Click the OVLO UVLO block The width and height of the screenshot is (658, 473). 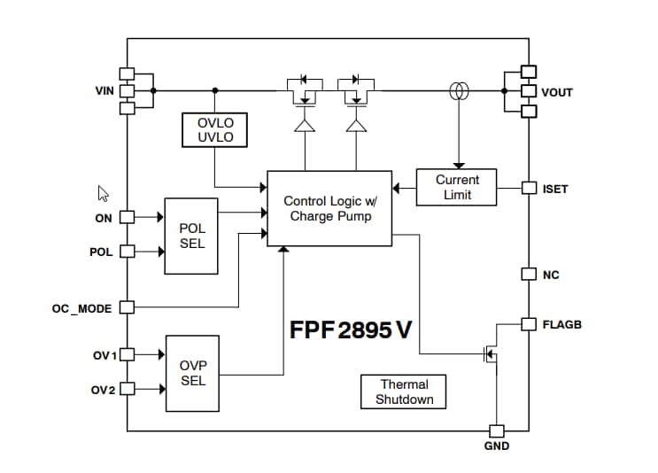tap(213, 130)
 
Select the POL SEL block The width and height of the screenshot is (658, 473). tap(192, 236)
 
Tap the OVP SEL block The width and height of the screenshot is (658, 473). tap(192, 373)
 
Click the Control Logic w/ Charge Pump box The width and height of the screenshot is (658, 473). tap(329, 208)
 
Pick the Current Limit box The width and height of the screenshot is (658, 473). tap(457, 187)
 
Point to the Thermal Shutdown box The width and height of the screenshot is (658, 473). tap(404, 392)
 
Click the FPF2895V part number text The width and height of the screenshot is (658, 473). tap(351, 330)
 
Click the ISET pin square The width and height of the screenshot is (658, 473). tap(529, 188)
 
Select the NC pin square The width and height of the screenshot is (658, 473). tap(529, 274)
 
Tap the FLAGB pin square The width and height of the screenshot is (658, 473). tap(529, 324)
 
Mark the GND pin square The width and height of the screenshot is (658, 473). tap(496, 430)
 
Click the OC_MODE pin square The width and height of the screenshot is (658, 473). tap(127, 307)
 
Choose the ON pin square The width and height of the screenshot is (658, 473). tap(127, 217)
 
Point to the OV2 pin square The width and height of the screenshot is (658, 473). tap(127, 389)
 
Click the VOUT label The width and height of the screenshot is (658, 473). tap(557, 92)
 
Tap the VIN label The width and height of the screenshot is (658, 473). tap(105, 91)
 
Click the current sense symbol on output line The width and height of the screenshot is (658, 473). tap(458, 90)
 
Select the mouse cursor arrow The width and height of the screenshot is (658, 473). tap(103, 193)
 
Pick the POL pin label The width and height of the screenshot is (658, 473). tap(101, 252)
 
